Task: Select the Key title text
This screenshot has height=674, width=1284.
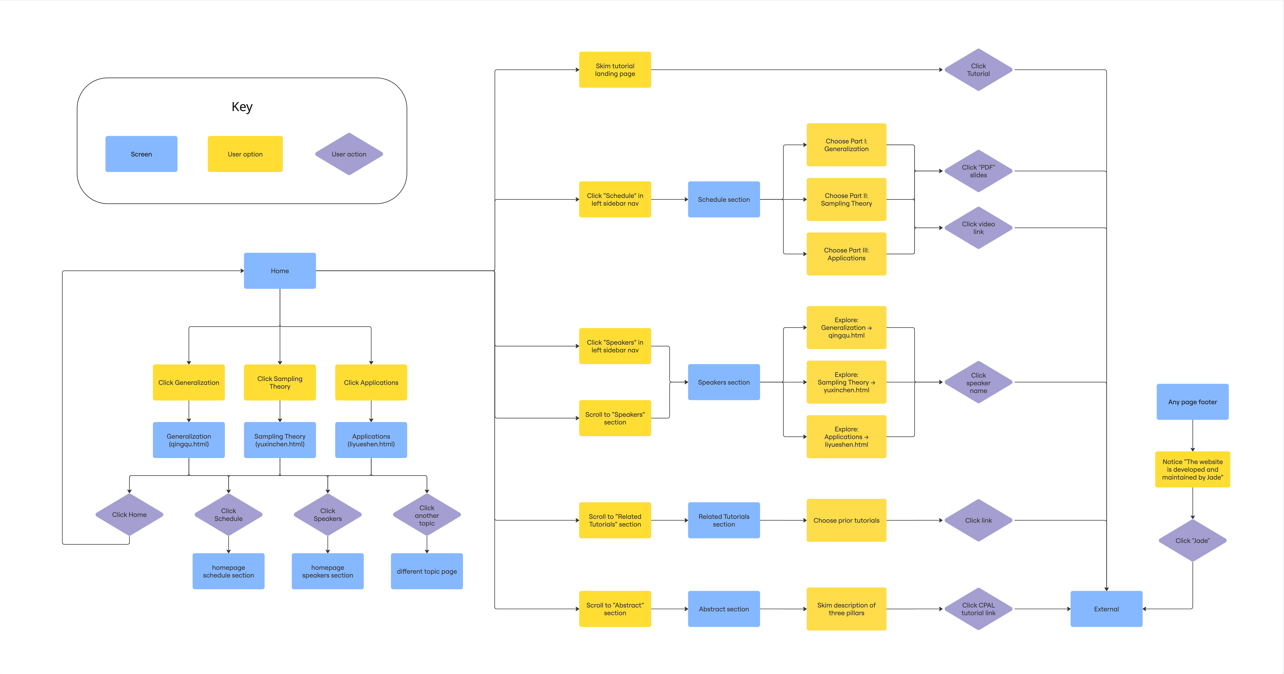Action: click(x=242, y=107)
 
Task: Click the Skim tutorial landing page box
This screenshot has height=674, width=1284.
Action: click(x=615, y=70)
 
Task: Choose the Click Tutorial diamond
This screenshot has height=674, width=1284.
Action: click(x=978, y=70)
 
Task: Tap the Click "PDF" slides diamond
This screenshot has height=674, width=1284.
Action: click(x=978, y=171)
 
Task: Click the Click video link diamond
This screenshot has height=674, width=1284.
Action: click(x=978, y=228)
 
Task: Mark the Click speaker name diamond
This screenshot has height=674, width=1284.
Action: click(x=978, y=383)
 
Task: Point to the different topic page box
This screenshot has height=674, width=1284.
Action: click(x=427, y=571)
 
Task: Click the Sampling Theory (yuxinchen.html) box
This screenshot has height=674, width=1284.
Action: click(x=280, y=440)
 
